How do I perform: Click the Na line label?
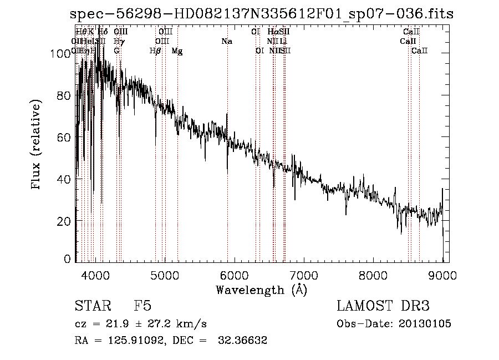pos(226,41)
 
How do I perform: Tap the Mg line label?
pos(177,51)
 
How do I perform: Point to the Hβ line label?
pos(155,51)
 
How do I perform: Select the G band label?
pos(116,51)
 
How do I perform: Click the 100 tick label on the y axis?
pos(60,53)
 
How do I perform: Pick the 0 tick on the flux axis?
pos(68,259)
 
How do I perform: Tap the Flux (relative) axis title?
pos(37,145)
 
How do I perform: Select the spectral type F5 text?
pos(142,307)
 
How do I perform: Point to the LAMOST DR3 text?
pos(383,307)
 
